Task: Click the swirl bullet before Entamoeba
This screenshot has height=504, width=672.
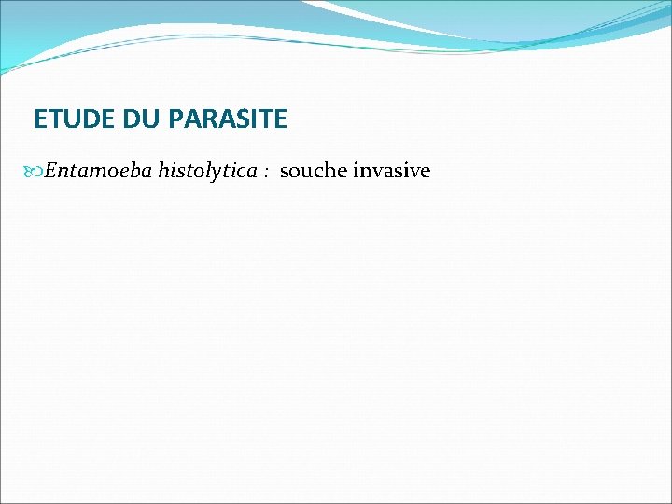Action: [35, 172]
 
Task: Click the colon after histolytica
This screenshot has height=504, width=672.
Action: [266, 173]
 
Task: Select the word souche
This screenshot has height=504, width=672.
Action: [313, 171]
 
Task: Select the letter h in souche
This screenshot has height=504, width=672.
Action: [329, 171]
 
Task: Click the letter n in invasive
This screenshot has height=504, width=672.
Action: [365, 172]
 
